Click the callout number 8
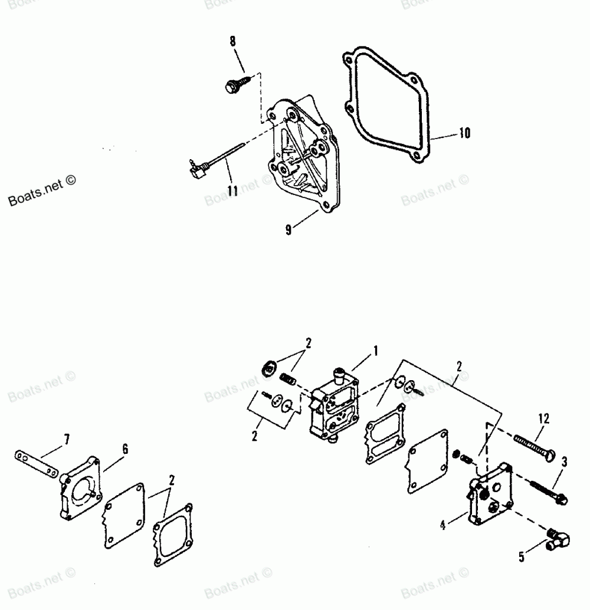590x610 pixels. click(x=232, y=42)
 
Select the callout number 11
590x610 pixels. click(x=232, y=191)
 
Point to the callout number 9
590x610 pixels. click(x=289, y=230)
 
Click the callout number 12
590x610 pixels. click(x=543, y=419)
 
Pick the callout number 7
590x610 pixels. click(x=67, y=439)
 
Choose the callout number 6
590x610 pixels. click(x=124, y=449)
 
